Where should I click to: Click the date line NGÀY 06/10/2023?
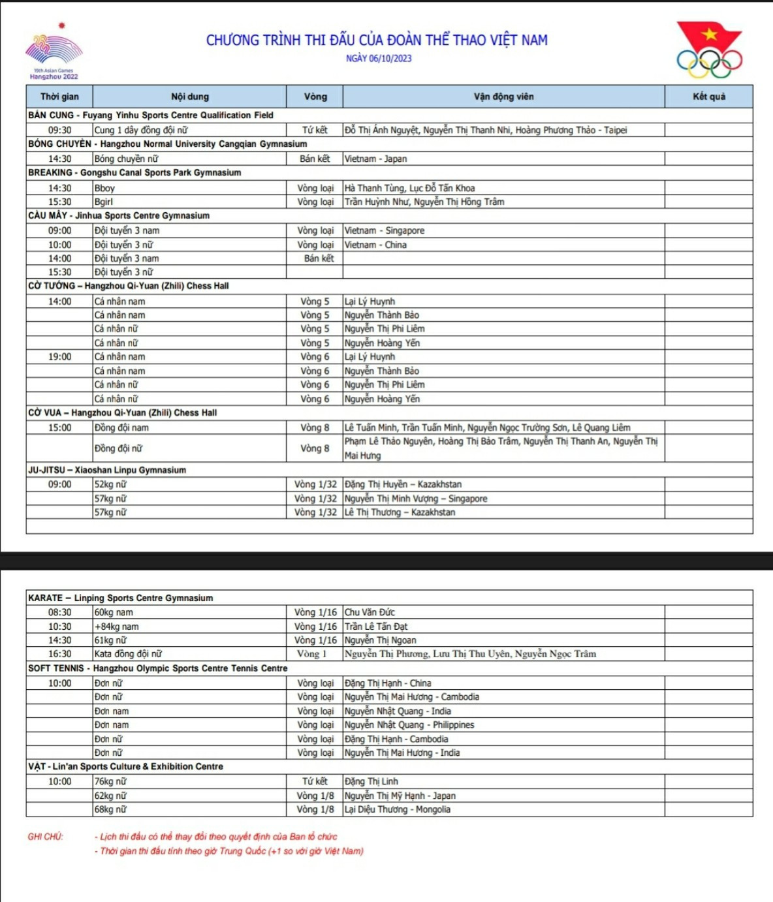[x=379, y=58]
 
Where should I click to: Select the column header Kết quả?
[x=708, y=97]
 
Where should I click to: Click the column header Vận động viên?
[x=503, y=97]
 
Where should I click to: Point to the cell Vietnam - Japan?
[x=375, y=159]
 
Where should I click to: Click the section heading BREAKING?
[x=50, y=173]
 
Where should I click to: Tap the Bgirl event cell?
[x=104, y=202]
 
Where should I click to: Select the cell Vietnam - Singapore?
[x=385, y=230]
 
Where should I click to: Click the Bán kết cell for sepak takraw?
[x=318, y=258]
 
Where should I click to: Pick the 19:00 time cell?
[x=59, y=357]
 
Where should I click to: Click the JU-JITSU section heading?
[x=46, y=470]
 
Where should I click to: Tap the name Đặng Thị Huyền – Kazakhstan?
[x=403, y=484]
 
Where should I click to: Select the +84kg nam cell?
[x=117, y=627]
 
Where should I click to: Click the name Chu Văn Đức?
[x=370, y=612]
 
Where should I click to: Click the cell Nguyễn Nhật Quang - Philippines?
[x=409, y=725]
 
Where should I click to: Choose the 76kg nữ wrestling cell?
[x=110, y=781]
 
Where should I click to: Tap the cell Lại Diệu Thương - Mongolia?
[x=398, y=809]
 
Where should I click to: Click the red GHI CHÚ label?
[x=46, y=837]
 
